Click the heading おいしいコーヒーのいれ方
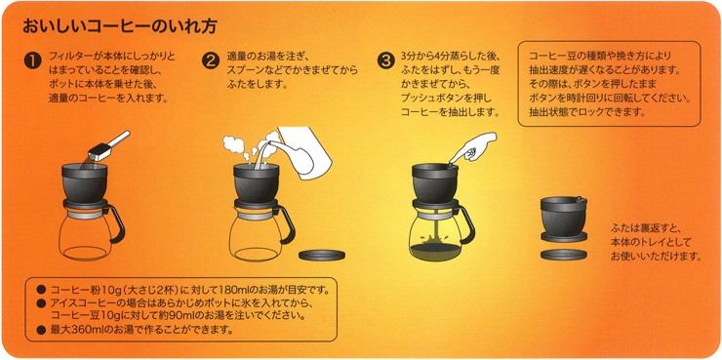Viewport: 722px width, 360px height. (120, 26)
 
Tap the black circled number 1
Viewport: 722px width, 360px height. (33, 61)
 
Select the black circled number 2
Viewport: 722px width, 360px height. (211, 61)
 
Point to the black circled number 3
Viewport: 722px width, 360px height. (385, 61)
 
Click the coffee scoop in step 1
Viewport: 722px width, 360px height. (108, 145)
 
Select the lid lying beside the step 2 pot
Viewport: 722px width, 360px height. (322, 255)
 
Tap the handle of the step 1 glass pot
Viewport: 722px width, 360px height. (117, 223)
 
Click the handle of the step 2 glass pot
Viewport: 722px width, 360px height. (287, 223)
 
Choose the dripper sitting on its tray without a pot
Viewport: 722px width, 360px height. (564, 219)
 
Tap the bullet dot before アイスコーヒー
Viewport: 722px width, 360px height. (41, 303)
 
